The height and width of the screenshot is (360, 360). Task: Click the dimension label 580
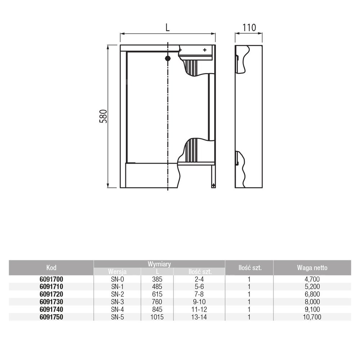(103, 116)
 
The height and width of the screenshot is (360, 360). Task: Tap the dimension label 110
(249, 28)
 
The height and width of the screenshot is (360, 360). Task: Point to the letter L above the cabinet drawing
(168, 28)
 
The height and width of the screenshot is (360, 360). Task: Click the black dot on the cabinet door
(168, 58)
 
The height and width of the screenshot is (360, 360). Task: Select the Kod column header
(51, 268)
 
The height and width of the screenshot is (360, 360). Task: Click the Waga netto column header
(312, 268)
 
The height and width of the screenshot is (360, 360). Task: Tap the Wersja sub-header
(117, 271)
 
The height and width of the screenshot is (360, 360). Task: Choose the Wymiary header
(159, 264)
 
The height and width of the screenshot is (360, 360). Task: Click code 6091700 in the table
(51, 279)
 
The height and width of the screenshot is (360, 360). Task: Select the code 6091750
(51, 317)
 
